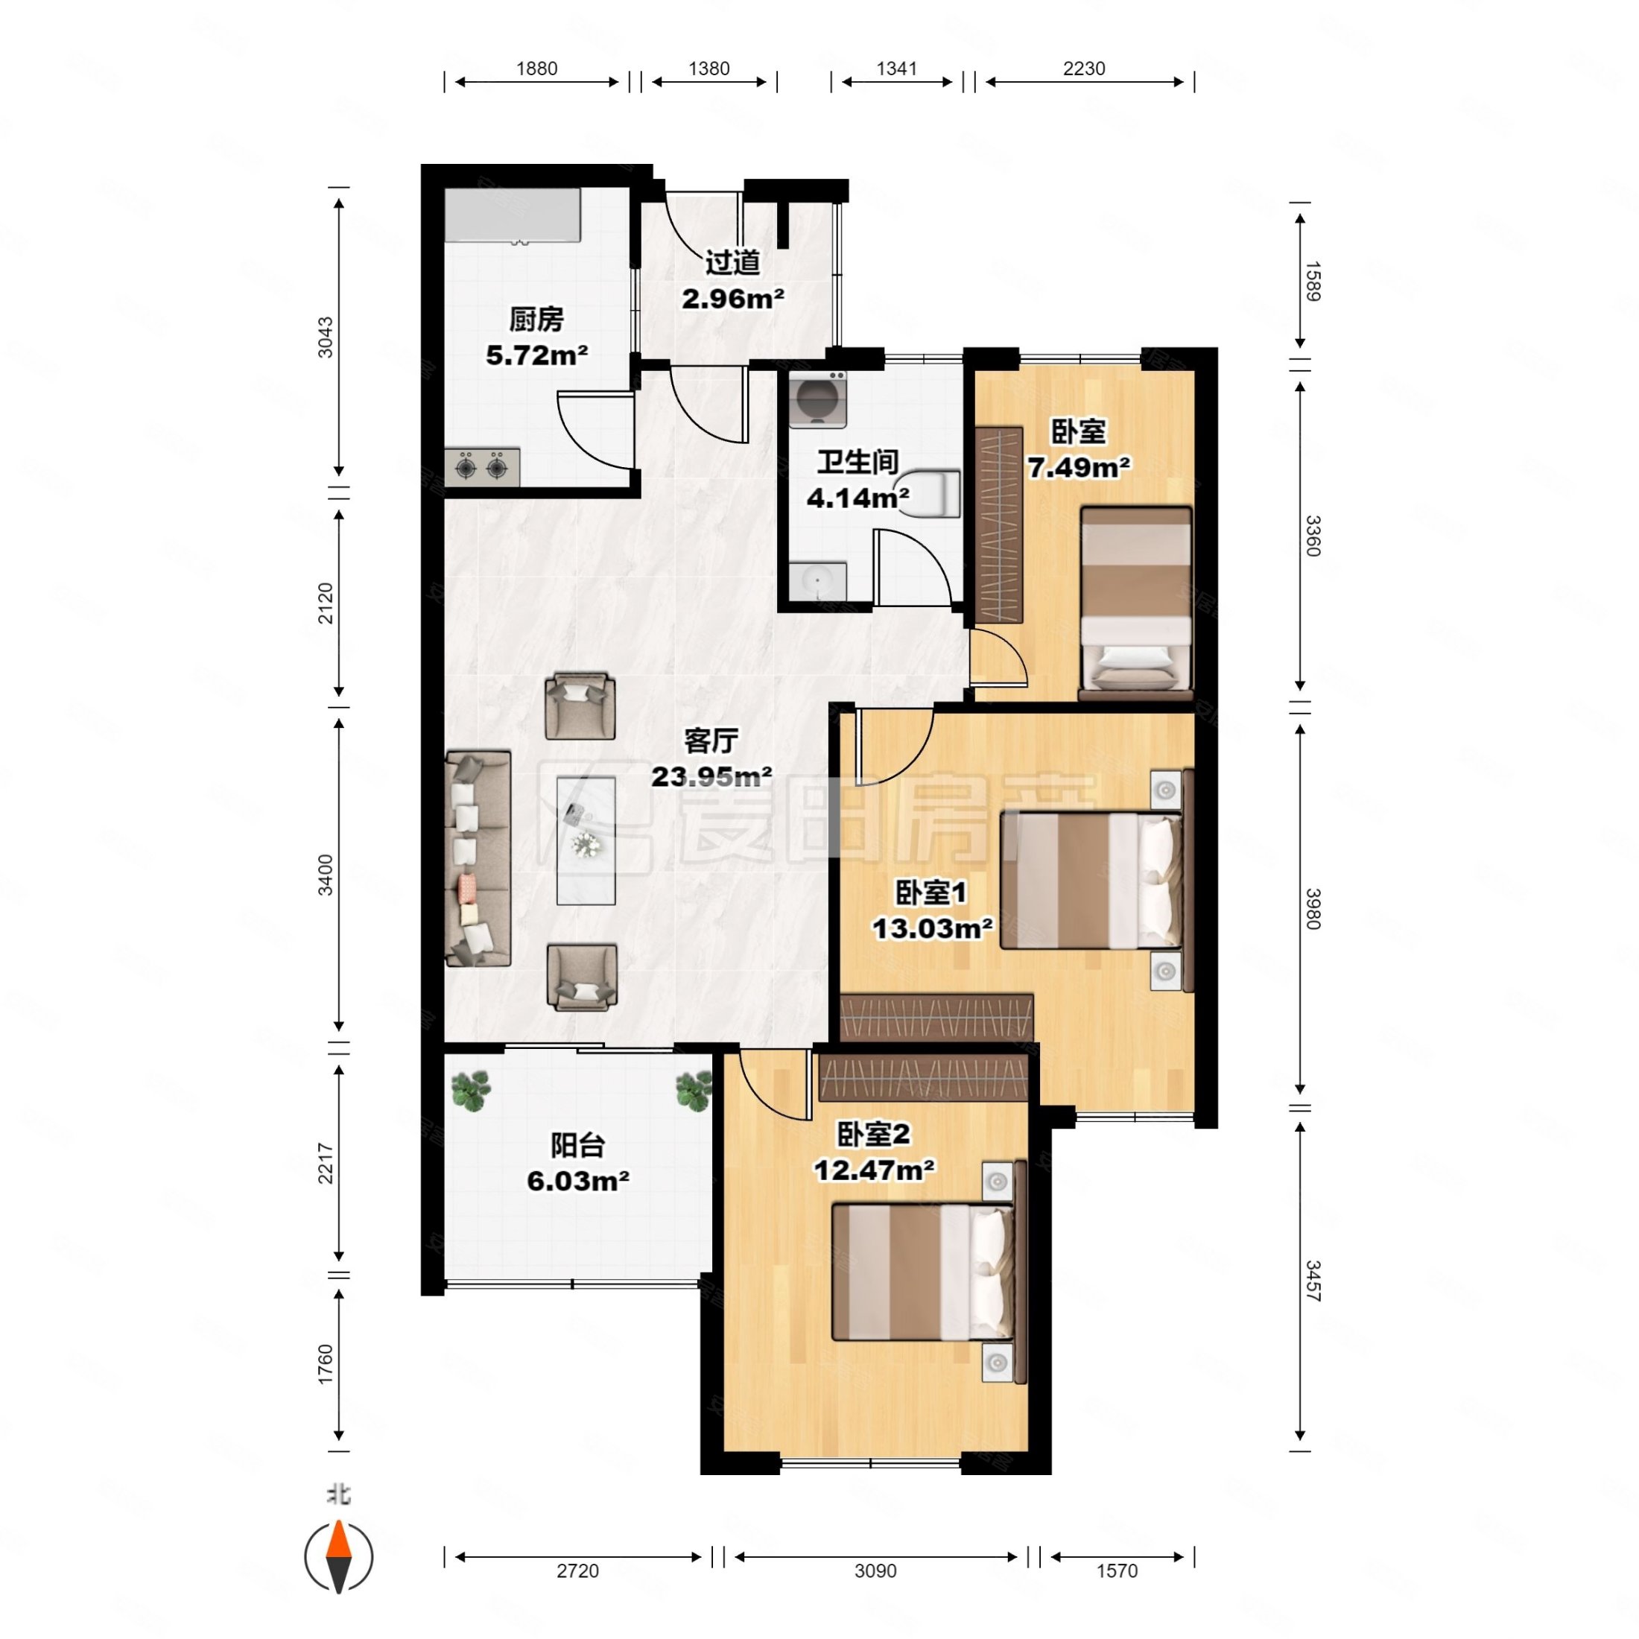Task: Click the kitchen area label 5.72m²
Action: [x=537, y=355]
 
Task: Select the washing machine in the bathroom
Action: [x=818, y=399]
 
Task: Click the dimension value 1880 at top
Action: [x=537, y=69]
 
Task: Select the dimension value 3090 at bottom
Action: [x=875, y=1571]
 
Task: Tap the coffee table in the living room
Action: [x=586, y=840]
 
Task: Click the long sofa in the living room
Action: [x=478, y=858]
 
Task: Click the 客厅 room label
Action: [x=711, y=741]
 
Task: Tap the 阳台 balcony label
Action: [x=577, y=1145]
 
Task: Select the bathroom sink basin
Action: [x=818, y=581]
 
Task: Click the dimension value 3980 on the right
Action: [x=1313, y=909]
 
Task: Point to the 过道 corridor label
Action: [x=732, y=263]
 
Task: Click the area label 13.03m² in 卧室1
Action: [x=932, y=928]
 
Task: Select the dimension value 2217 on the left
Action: [x=326, y=1164]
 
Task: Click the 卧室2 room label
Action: [x=874, y=1134]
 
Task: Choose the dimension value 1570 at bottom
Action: [x=1117, y=1571]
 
